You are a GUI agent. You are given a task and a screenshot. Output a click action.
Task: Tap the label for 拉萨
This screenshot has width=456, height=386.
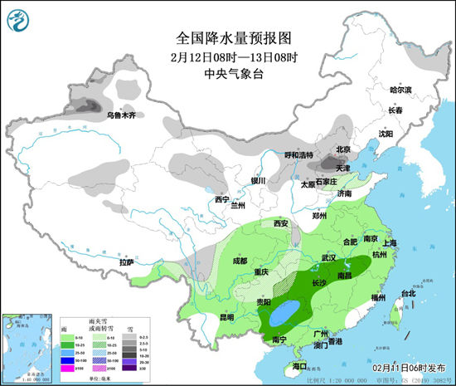(x=126, y=262)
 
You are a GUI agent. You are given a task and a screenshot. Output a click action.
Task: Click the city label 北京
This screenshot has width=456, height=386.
(x=342, y=149)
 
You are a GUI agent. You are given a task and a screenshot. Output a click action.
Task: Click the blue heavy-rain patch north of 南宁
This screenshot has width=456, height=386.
(x=286, y=313)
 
